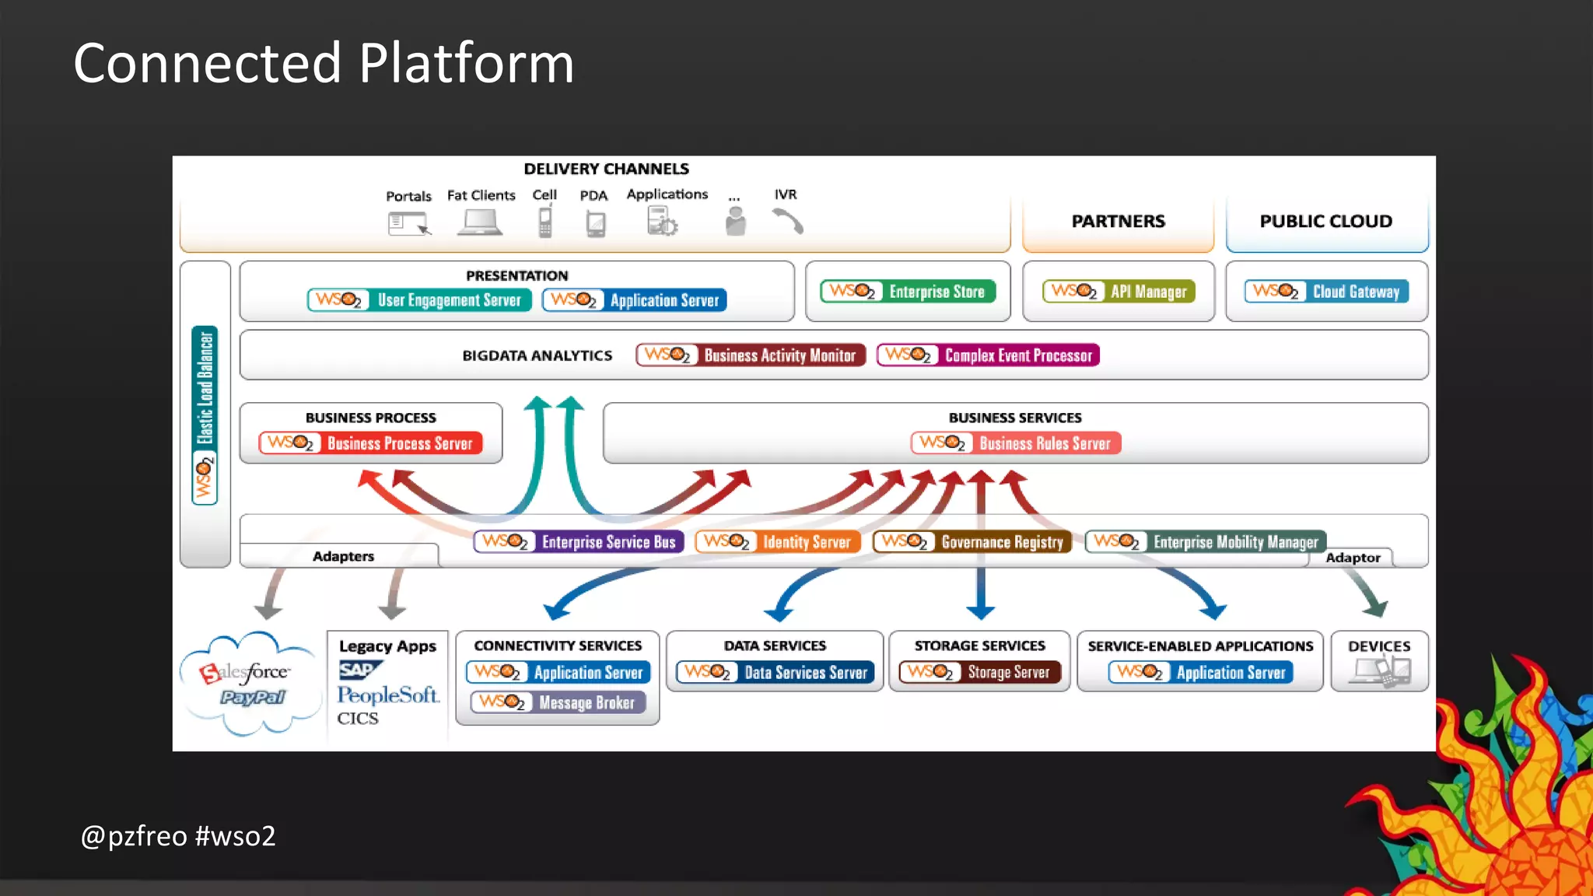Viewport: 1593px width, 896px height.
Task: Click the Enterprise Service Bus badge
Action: click(x=579, y=541)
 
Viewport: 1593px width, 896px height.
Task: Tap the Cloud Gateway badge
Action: click(x=1326, y=292)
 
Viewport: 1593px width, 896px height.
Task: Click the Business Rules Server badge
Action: click(x=1016, y=443)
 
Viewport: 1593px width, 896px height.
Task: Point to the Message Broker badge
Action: click(x=558, y=702)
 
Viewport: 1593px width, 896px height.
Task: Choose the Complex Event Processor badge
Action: click(x=988, y=355)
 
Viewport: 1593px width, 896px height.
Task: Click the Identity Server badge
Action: click(x=778, y=541)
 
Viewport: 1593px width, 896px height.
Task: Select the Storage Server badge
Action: click(x=979, y=672)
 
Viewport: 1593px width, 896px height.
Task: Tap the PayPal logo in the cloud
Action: click(x=253, y=698)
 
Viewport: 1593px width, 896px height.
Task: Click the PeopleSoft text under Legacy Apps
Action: click(x=387, y=695)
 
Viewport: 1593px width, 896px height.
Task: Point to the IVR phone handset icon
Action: click(x=788, y=222)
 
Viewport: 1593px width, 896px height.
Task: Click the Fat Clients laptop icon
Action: click(x=479, y=222)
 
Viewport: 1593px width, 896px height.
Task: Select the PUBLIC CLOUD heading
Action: click(x=1325, y=222)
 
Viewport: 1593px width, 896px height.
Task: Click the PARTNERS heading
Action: click(x=1118, y=222)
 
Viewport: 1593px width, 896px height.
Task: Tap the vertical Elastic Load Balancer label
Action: click(x=205, y=414)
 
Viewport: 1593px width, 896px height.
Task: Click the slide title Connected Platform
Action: click(x=324, y=63)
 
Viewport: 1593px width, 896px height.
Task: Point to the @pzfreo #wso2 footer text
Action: click(x=178, y=836)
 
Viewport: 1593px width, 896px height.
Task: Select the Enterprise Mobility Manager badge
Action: click(x=1206, y=541)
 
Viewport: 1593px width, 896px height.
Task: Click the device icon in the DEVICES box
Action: click(x=1381, y=670)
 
